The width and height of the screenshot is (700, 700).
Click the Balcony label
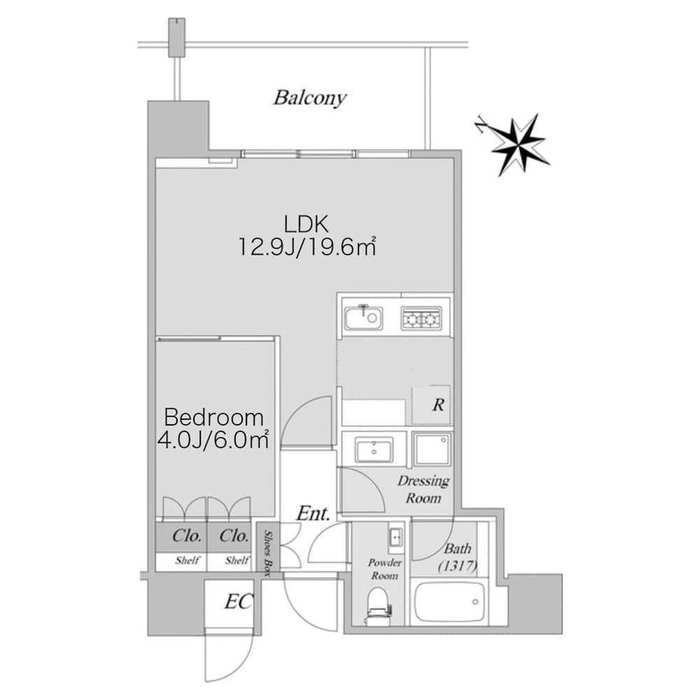pos(309,97)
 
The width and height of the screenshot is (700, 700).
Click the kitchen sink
pos(363,318)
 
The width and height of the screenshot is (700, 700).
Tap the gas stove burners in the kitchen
pos(421,318)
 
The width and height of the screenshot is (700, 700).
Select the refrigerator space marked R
pos(432,405)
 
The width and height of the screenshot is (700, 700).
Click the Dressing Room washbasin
pos(374,450)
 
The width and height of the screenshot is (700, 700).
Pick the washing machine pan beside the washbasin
pos(432,449)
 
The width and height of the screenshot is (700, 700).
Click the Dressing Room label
pos(423,489)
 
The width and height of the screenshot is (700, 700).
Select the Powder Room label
pos(384,569)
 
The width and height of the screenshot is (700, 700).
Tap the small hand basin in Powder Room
pos(395,538)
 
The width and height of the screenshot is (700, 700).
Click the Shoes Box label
pos(267,552)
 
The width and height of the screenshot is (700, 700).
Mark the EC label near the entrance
pos(238,601)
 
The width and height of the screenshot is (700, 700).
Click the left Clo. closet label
pos(188,537)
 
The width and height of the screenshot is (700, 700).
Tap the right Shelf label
pos(237,561)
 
